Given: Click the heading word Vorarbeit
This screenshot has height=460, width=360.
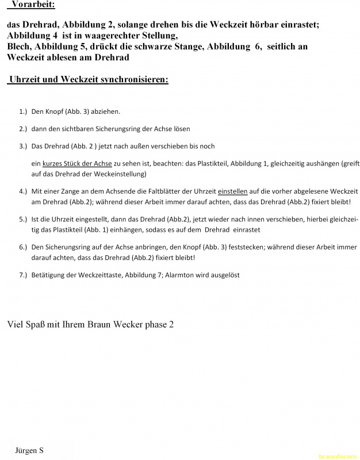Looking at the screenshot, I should point(33,5).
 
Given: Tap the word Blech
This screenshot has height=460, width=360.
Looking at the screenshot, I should point(20,47).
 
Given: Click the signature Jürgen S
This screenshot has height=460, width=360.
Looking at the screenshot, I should point(29,450).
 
